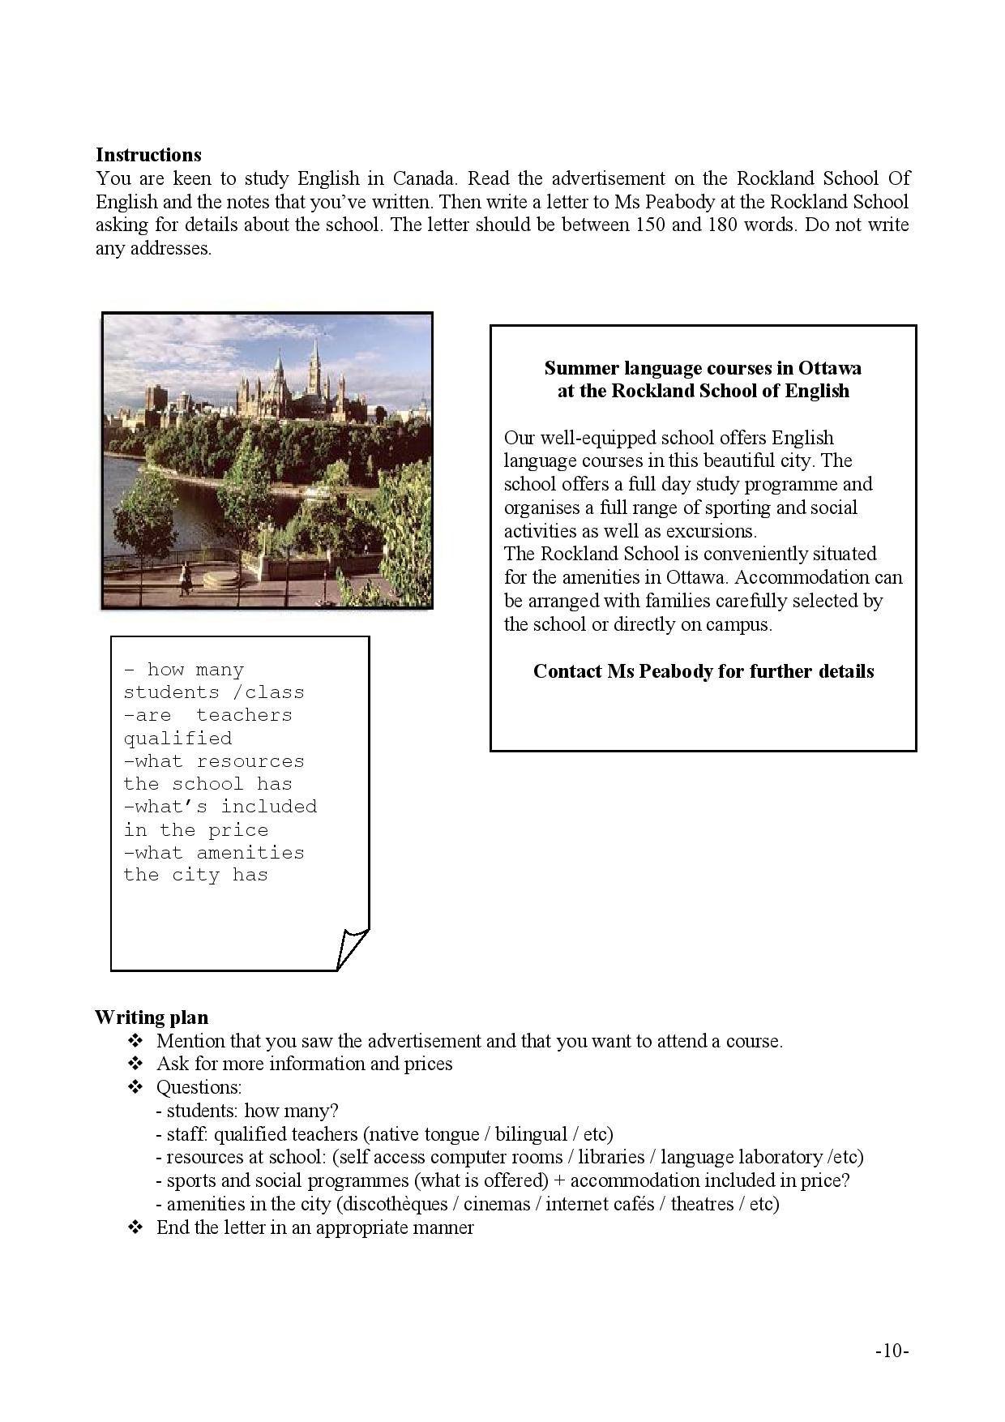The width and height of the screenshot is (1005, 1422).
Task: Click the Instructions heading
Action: tap(148, 155)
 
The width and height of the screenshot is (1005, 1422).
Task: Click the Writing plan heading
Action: tap(152, 1017)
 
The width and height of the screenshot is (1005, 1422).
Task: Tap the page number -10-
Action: tap(892, 1351)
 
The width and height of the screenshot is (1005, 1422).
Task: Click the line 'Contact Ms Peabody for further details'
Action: tap(703, 671)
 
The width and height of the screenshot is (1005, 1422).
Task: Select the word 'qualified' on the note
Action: tap(177, 739)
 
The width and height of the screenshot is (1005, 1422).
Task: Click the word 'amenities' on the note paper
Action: tap(250, 853)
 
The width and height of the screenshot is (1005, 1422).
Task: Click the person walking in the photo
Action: tap(186, 577)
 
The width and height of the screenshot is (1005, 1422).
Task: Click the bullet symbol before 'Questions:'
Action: tap(135, 1087)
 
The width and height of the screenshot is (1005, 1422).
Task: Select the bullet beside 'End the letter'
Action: tap(135, 1227)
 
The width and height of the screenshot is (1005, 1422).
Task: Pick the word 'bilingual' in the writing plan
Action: tap(531, 1133)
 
